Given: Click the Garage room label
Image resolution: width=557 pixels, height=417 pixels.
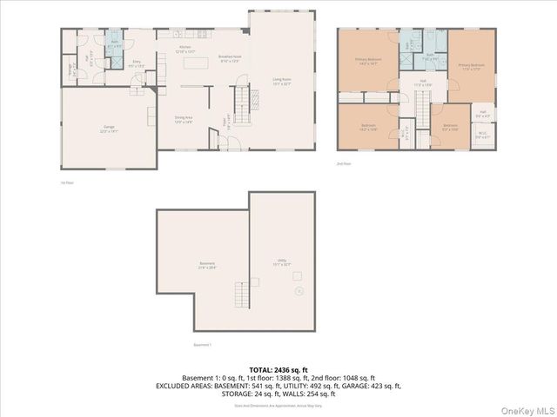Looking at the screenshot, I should (109, 128).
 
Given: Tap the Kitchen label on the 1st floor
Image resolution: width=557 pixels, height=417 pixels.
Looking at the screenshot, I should (185, 49).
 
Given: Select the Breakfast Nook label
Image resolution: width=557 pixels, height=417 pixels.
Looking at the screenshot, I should (230, 57).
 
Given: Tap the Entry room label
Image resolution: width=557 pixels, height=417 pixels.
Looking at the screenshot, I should (137, 64).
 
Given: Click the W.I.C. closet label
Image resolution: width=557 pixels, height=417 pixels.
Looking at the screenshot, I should (482, 135).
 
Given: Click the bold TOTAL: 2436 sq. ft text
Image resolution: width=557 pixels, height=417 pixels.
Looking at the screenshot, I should (278, 369).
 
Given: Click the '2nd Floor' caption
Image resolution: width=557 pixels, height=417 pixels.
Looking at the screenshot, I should (345, 163).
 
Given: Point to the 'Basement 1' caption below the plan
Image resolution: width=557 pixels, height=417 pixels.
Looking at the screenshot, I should (202, 345).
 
